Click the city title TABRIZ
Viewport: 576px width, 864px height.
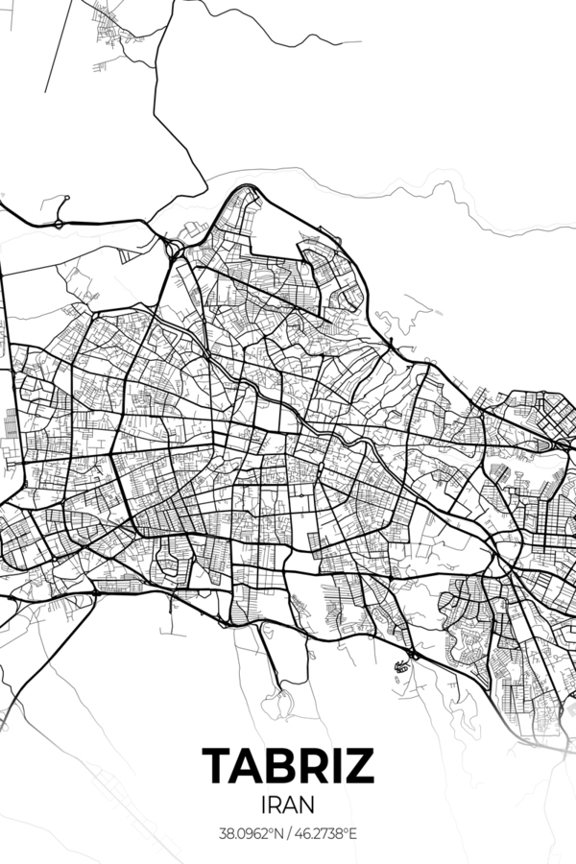pyautogui.click(x=288, y=765)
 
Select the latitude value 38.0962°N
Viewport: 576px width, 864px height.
pyautogui.click(x=251, y=832)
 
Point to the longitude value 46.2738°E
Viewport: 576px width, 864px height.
pyautogui.click(x=326, y=832)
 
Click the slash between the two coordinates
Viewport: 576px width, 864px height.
pyautogui.click(x=289, y=832)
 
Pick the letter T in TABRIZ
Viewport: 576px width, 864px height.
pyautogui.click(x=217, y=765)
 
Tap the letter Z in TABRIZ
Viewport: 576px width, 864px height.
pyautogui.click(x=359, y=765)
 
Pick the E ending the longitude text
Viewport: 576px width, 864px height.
pyautogui.click(x=353, y=832)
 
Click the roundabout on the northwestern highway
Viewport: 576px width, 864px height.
pyautogui.click(x=58, y=224)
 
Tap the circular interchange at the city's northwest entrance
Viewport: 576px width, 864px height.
pyautogui.click(x=173, y=252)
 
